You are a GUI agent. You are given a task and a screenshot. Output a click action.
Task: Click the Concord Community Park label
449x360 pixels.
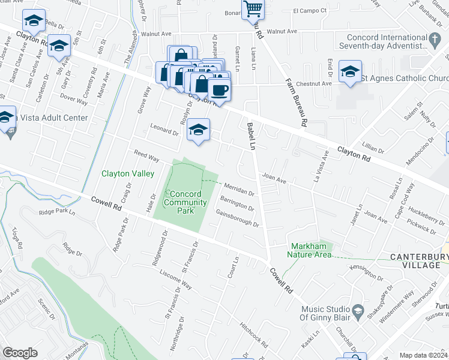(185, 202)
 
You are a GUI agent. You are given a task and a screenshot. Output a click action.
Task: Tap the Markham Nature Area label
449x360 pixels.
(311, 250)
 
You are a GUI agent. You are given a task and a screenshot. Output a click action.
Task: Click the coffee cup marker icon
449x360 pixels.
(220, 91)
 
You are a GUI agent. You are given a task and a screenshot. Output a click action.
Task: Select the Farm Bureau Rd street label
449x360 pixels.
(296, 103)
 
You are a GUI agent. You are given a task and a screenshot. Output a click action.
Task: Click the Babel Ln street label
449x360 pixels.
(252, 137)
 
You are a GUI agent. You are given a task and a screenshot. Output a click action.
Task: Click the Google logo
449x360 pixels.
(20, 353)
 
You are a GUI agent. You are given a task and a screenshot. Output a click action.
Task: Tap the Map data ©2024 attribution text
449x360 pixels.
(423, 355)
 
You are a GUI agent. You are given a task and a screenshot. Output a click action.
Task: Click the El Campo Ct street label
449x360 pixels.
(309, 11)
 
